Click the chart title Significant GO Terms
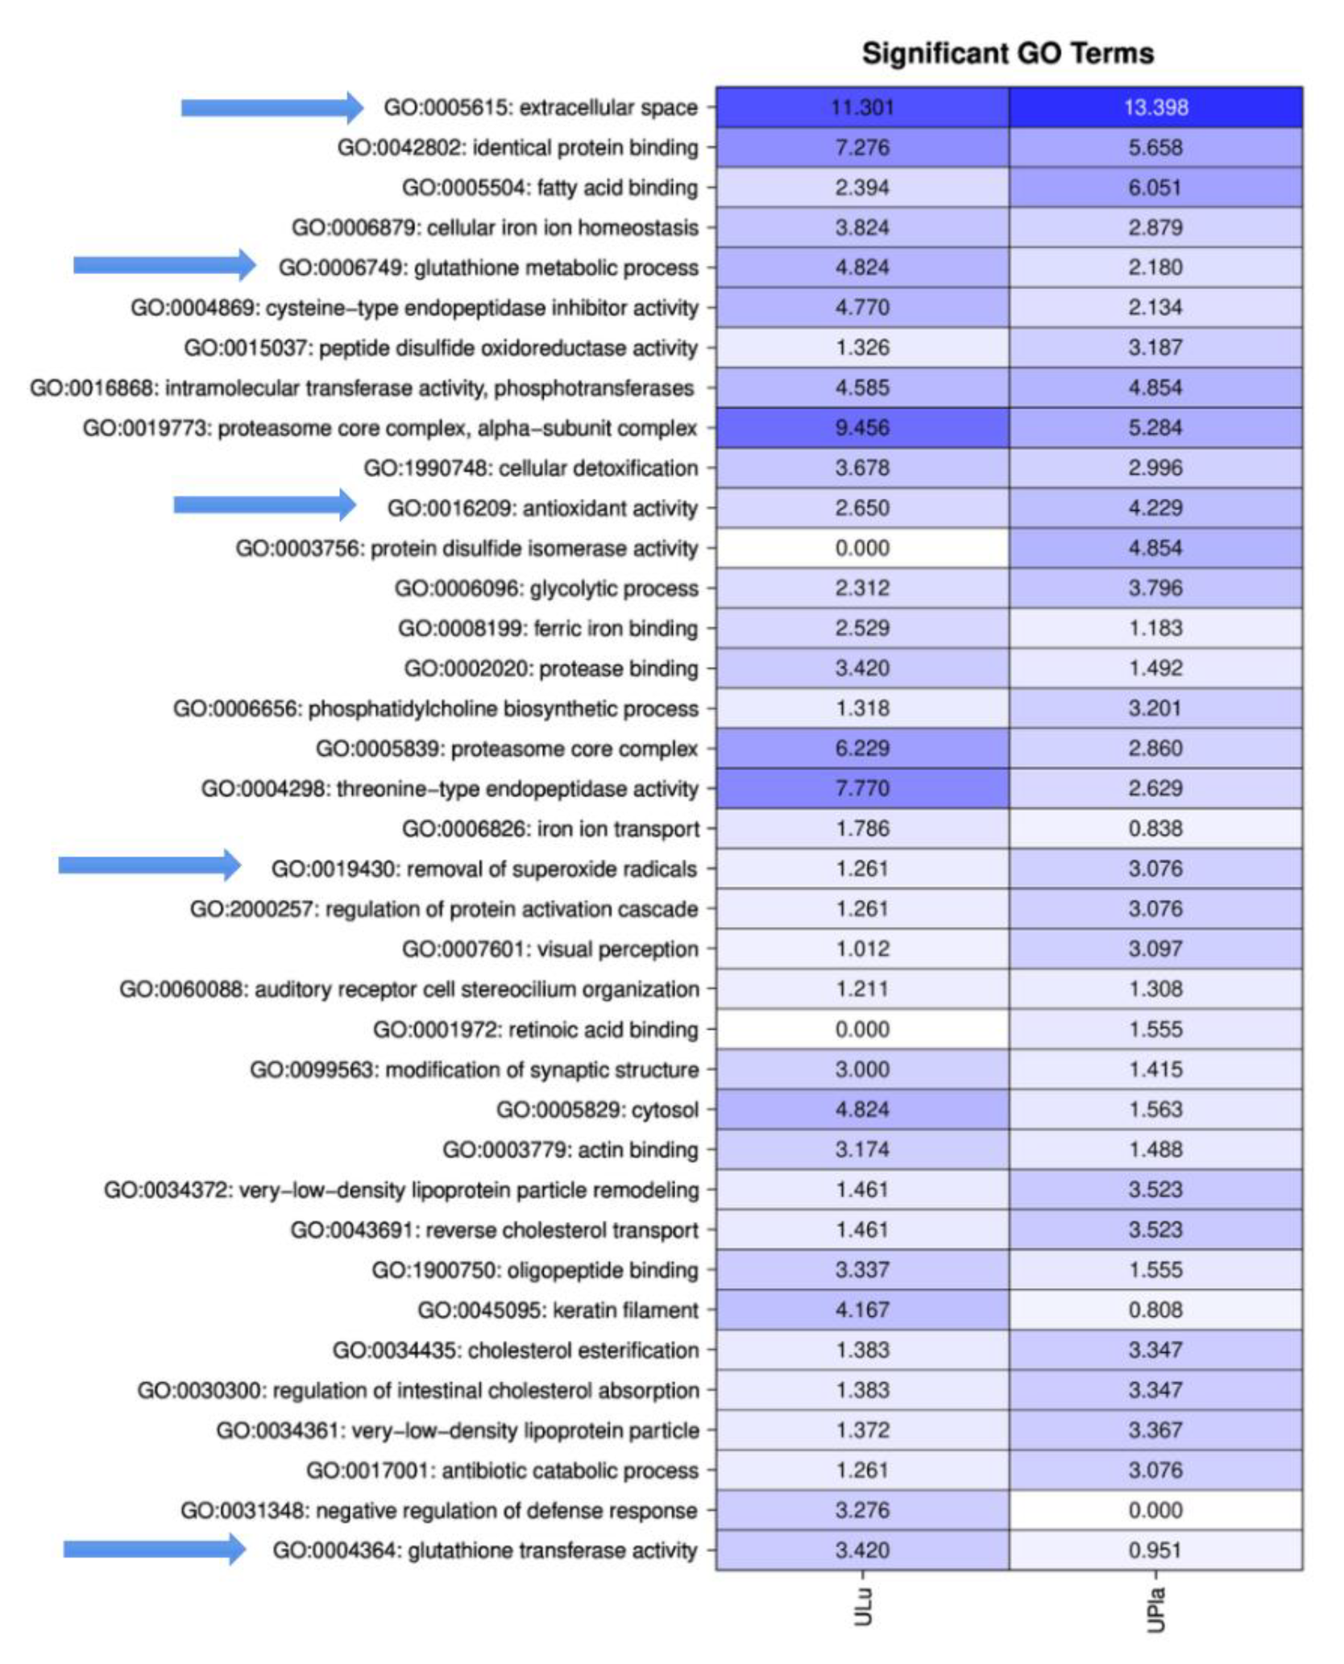coord(1007,53)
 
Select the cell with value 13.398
coord(1155,107)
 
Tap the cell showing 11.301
coord(862,107)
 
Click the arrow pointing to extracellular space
coord(272,107)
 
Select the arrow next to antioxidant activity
coord(264,505)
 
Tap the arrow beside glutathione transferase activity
coord(155,1549)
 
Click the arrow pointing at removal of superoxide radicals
coord(149,865)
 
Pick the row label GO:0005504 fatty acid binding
coord(550,188)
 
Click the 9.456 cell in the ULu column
coord(862,428)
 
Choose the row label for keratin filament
coord(558,1310)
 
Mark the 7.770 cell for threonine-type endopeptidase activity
coord(862,788)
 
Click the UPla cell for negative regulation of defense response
coord(1155,1510)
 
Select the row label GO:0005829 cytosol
coord(597,1110)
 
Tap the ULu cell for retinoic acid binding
coord(862,1029)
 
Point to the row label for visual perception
coord(550,949)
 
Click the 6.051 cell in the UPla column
coord(1155,188)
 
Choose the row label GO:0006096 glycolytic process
coord(545,588)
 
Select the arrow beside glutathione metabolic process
coord(164,265)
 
